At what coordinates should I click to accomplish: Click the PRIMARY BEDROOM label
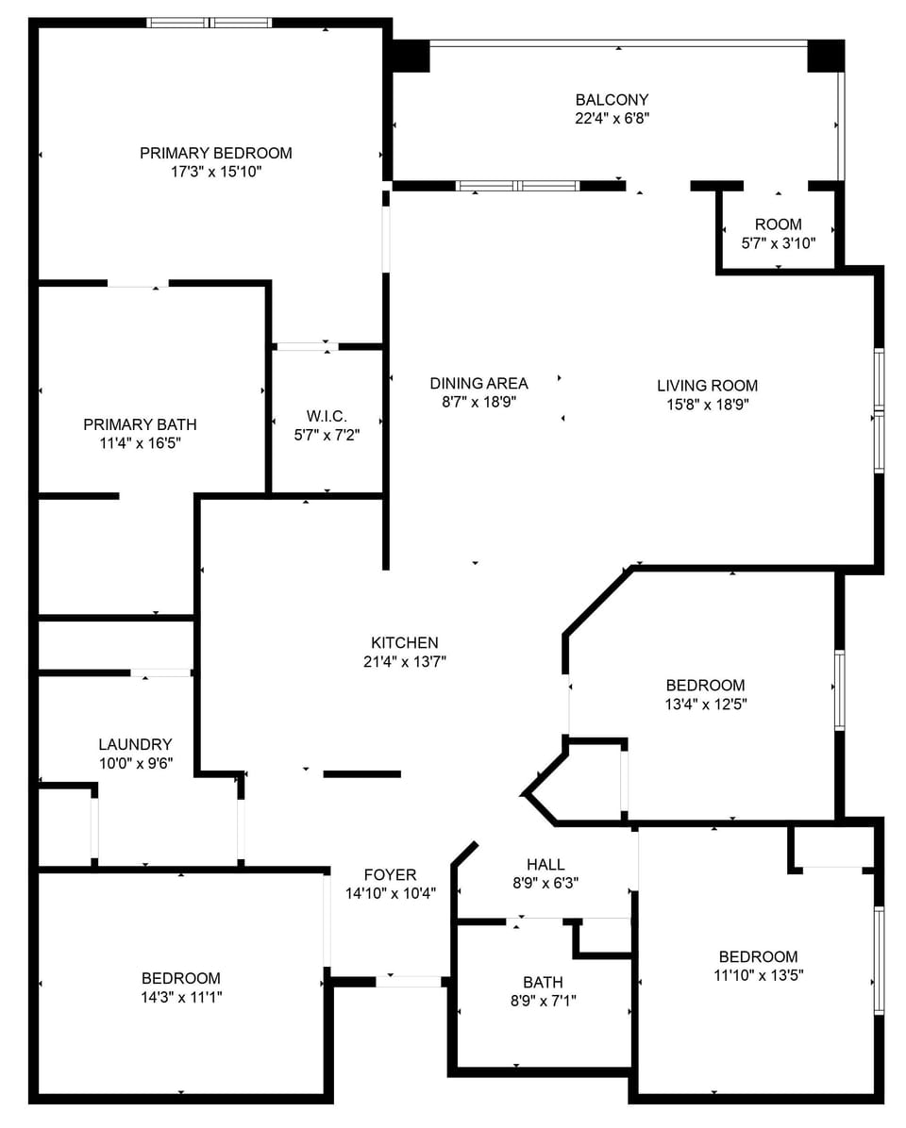(215, 153)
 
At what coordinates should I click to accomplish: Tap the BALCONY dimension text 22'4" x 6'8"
(612, 119)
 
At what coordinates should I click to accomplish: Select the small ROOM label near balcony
(778, 224)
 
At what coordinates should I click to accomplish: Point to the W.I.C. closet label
(327, 416)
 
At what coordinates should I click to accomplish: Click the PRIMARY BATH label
(140, 424)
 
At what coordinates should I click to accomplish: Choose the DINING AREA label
(478, 383)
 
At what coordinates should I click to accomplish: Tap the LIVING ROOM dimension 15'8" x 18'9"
(707, 404)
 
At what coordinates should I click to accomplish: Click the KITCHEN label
(404, 642)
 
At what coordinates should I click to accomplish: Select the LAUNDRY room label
(135, 744)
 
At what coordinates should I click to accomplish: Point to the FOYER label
(390, 875)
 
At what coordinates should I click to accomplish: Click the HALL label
(545, 864)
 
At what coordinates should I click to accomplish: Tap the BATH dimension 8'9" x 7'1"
(543, 1001)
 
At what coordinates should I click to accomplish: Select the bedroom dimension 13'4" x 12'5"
(705, 704)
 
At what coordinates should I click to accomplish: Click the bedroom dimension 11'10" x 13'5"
(758, 975)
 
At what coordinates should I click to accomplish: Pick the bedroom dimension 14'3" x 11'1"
(181, 997)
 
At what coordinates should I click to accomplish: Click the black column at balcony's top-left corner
(411, 56)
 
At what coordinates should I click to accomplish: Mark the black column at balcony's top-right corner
(825, 56)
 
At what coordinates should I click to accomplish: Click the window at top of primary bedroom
(210, 23)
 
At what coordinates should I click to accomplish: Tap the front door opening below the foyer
(409, 982)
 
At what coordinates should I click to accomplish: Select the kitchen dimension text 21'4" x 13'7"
(404, 661)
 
